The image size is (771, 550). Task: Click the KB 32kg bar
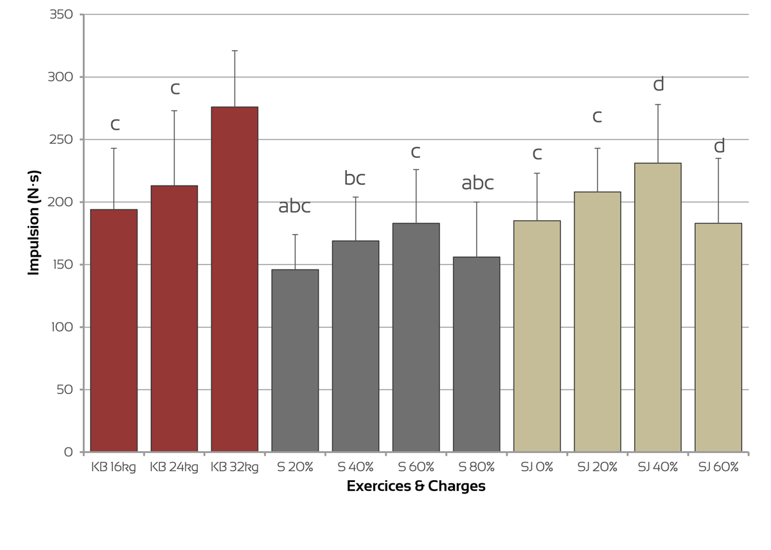point(235,279)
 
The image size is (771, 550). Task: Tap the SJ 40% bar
point(658,307)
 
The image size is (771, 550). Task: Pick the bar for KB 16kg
point(114,331)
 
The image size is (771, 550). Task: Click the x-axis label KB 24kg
point(173,467)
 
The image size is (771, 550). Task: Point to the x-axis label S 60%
point(416,467)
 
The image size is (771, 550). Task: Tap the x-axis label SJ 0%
point(536,467)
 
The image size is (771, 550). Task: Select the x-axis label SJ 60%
point(718,467)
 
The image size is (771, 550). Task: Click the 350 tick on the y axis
point(61,15)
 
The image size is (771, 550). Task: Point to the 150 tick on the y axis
point(61,265)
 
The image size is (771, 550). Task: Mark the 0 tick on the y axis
point(69,452)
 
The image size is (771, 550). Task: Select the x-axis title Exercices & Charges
point(416,486)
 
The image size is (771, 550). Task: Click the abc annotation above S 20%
point(294,207)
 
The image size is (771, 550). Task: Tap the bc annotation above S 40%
point(355,178)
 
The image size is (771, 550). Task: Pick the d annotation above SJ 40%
point(658,84)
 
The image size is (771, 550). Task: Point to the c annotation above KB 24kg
point(175,89)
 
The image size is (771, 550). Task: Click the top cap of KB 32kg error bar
point(235,51)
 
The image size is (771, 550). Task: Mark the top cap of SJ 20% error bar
point(598,148)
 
